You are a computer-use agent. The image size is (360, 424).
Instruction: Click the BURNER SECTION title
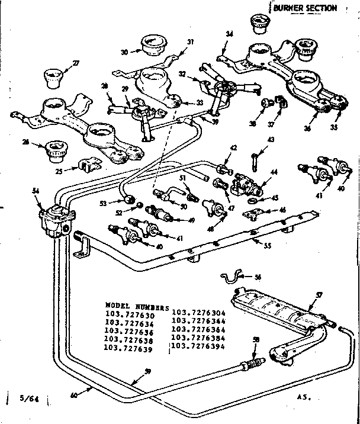coord(306,8)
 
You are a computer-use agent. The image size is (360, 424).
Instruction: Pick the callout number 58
coord(256,338)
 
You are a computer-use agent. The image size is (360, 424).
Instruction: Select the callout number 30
coord(124,52)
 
